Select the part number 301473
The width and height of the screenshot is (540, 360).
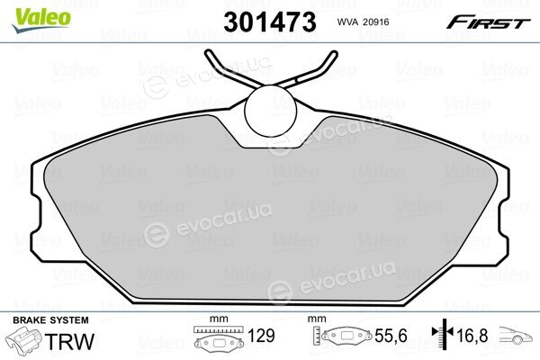270,22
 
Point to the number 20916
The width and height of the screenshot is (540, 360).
376,22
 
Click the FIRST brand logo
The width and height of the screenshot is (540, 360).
489,22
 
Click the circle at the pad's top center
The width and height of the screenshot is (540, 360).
270,111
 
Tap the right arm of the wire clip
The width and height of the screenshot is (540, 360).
308,70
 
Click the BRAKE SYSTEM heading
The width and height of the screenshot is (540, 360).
50,320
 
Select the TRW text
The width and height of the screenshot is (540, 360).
70,341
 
